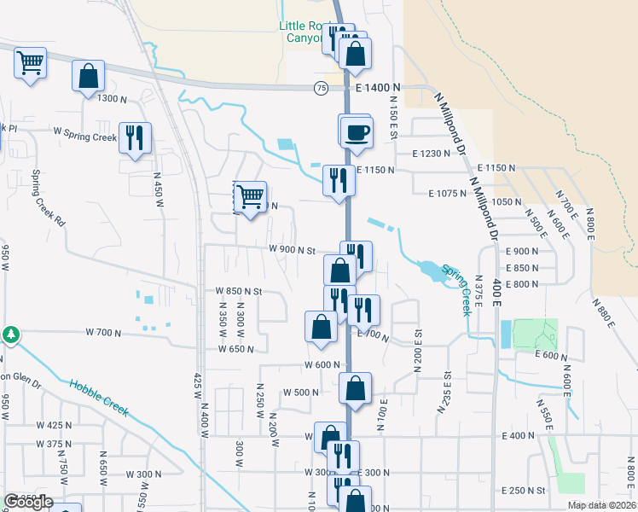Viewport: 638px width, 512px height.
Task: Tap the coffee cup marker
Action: pyautogui.click(x=357, y=133)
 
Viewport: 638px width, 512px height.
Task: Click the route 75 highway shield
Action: pyautogui.click(x=320, y=88)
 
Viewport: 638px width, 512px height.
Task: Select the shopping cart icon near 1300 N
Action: pyautogui.click(x=30, y=62)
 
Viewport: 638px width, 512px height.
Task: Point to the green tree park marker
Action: pyautogui.click(x=11, y=334)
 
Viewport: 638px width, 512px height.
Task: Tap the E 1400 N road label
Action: pyautogui.click(x=378, y=88)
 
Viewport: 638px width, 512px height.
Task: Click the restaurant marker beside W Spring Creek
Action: pyautogui.click(x=135, y=138)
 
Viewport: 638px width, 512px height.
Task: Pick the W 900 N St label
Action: pyautogui.click(x=293, y=250)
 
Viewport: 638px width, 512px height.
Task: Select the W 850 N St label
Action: pyautogui.click(x=237, y=291)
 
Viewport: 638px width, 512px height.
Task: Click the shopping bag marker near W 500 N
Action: pyautogui.click(x=356, y=388)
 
